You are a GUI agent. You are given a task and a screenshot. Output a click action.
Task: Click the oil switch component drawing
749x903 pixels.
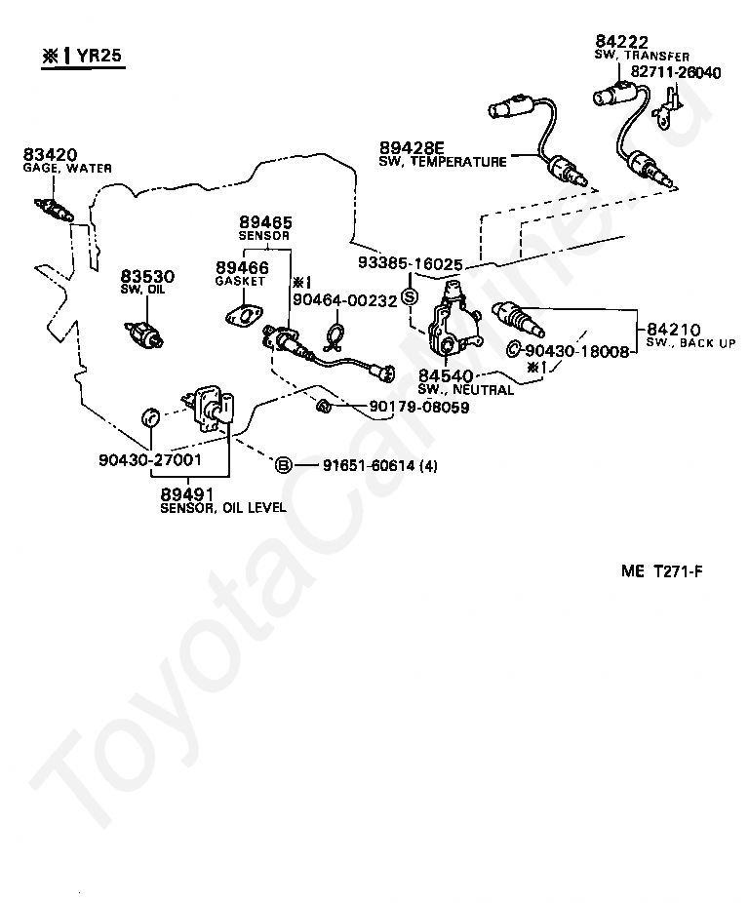point(146,332)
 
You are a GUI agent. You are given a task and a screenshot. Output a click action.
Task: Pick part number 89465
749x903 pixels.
point(266,223)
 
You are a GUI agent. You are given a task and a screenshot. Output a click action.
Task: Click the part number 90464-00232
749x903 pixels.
point(345,301)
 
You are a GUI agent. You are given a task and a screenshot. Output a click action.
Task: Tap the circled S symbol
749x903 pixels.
point(410,296)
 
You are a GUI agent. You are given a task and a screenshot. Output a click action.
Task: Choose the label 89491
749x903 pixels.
point(185,494)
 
